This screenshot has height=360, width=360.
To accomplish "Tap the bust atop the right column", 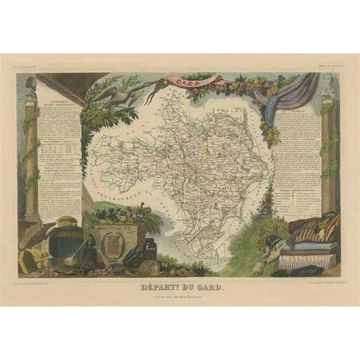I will tap(328, 88).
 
